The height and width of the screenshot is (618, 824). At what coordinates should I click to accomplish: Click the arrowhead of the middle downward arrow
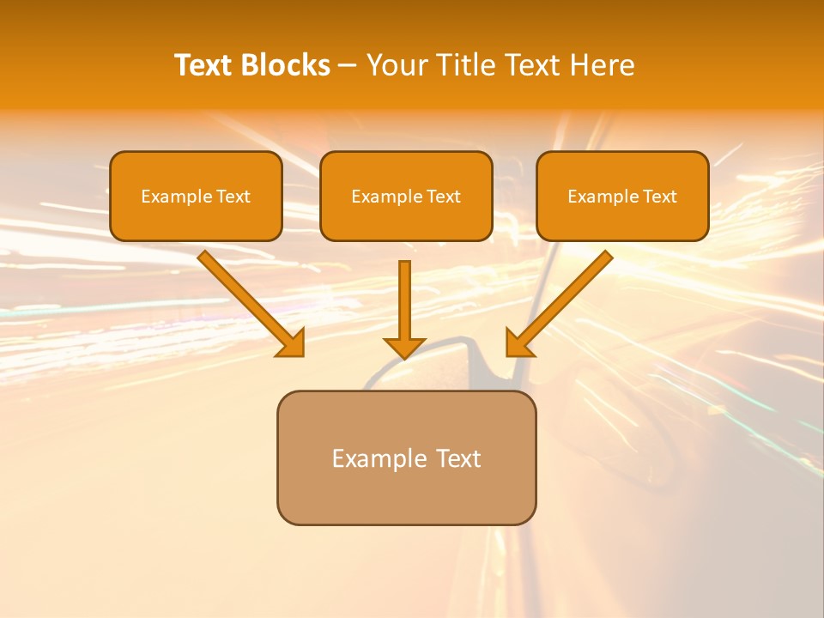404,347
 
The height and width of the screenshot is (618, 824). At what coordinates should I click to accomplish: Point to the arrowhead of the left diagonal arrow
292,343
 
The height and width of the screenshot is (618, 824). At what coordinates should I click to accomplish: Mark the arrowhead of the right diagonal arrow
518,343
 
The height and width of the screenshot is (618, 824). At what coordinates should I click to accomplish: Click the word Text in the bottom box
459,458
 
